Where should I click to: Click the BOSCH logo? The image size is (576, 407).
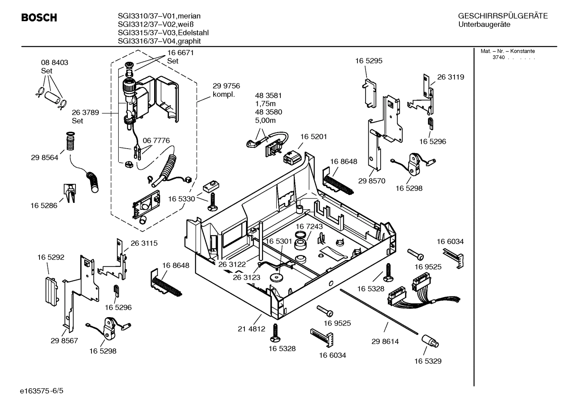coord(39,18)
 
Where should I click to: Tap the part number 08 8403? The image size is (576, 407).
coord(54,63)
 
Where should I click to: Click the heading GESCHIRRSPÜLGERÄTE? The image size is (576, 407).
coord(503,16)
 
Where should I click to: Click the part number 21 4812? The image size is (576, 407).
coord(251,329)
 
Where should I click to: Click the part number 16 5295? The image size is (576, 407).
coord(369,61)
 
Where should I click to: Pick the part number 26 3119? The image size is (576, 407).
coord(451,77)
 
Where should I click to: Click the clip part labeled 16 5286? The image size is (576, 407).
coord(69,193)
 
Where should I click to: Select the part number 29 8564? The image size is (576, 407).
coord(44,158)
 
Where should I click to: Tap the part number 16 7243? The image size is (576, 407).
coord(309,226)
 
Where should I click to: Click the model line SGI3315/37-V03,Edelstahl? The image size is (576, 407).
coord(163,33)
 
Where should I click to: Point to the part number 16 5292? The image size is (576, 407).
coord(51,258)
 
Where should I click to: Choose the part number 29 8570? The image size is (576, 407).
coord(371,181)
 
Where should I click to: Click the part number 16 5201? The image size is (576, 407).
coord(313,137)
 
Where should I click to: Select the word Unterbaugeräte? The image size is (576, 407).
coord(484,25)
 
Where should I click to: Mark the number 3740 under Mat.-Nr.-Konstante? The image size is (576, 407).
coord(498,58)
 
